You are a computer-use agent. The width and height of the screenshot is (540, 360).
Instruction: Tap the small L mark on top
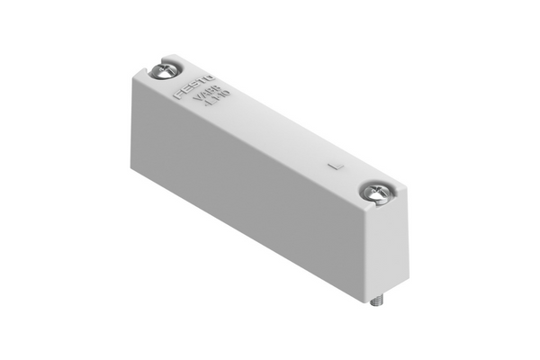[334, 166]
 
